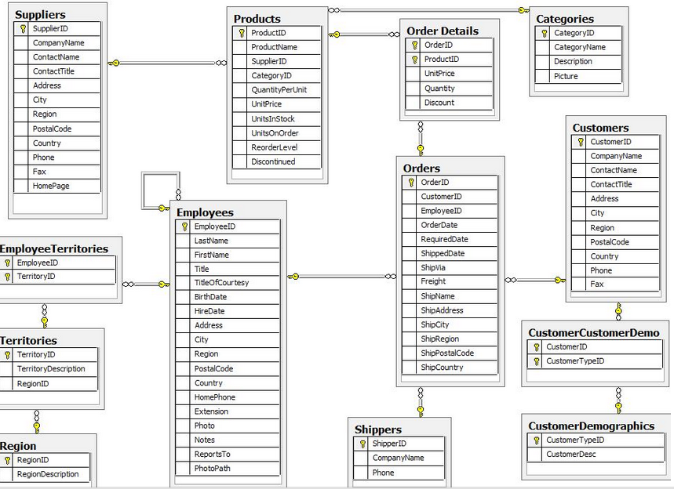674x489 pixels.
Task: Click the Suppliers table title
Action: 40,15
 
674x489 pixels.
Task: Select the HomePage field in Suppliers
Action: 51,186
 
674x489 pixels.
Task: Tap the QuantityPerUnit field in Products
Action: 279,90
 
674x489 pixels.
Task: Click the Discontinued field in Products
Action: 273,161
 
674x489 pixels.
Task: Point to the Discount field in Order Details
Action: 439,103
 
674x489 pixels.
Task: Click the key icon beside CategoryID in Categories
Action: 545,33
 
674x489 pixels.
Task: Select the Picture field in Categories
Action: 566,76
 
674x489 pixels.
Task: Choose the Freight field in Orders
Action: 433,281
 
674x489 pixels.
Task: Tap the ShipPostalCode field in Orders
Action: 447,353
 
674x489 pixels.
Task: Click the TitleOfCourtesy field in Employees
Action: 221,282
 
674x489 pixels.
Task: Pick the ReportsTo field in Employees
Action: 212,454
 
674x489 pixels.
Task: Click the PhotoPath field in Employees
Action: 212,468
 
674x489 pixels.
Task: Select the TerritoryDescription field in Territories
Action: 51,369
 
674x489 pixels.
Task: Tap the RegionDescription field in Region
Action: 48,474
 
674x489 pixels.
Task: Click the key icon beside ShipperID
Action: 363,444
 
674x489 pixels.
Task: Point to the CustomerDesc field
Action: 571,455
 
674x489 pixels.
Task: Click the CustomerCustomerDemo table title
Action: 594,333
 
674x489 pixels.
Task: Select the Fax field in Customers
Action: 596,284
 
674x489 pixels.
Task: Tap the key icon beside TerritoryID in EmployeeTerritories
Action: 7,277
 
